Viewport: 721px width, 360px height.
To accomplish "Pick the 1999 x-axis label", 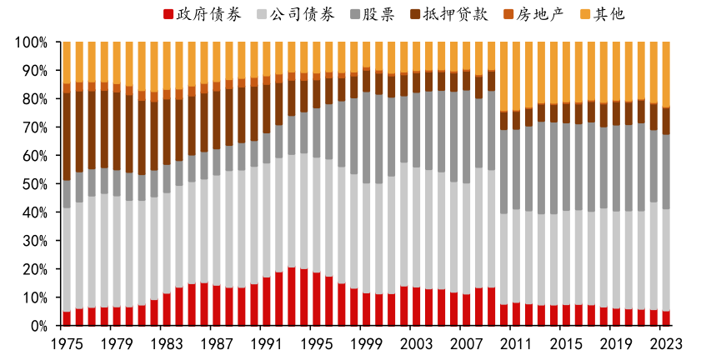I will (x=366, y=343).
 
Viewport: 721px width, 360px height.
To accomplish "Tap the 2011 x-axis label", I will (x=515, y=343).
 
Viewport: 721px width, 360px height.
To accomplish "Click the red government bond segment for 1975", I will (x=67, y=318).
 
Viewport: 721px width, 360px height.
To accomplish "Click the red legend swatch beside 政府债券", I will (x=168, y=14).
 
